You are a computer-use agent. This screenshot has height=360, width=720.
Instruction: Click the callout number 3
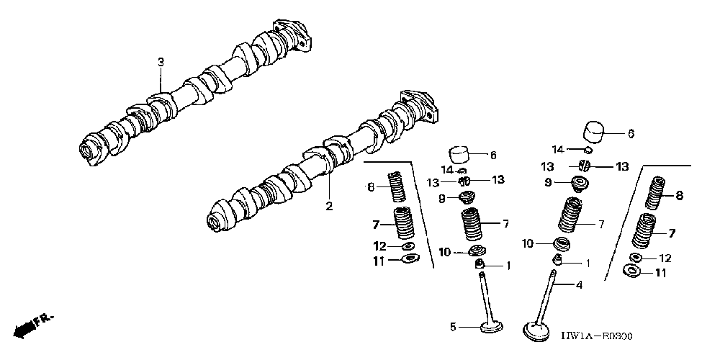click(161, 63)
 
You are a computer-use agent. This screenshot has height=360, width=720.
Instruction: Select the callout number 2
click(329, 207)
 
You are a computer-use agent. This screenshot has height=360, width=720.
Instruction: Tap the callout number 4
click(577, 284)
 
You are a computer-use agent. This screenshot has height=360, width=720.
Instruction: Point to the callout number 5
click(454, 327)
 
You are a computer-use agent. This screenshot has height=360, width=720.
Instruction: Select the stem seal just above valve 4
click(557, 260)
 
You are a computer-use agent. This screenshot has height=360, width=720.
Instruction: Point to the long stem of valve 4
click(547, 295)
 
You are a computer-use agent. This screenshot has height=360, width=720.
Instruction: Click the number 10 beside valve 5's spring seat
click(445, 252)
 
